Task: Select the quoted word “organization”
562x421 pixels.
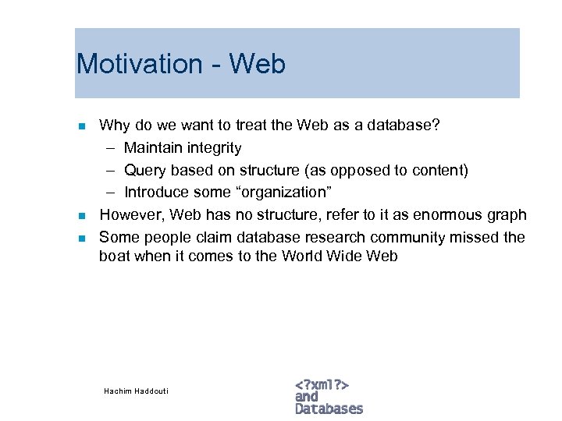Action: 265,193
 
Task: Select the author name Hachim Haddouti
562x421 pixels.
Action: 136,391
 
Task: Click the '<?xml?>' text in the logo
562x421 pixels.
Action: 322,384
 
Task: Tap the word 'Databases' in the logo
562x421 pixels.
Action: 329,409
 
